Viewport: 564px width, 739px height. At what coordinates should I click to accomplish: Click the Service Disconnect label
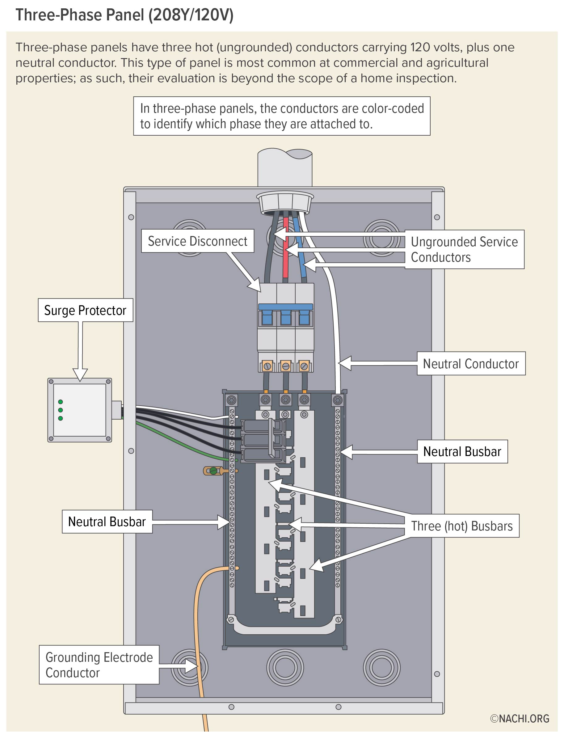(x=197, y=241)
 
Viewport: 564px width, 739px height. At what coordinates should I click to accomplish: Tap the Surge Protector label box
(x=85, y=310)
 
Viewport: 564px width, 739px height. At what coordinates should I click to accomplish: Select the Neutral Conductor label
(x=471, y=364)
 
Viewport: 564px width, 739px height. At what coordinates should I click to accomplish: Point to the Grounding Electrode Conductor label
(x=99, y=665)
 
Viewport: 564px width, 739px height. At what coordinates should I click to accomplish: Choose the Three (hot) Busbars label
(x=462, y=526)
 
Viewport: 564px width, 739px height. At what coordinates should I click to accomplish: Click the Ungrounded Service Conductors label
(x=464, y=249)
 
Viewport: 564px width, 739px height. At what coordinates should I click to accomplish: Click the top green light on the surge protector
(x=61, y=402)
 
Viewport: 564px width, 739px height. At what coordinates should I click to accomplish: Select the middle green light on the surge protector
(x=61, y=410)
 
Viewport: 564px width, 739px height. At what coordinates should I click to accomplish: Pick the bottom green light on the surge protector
(x=61, y=418)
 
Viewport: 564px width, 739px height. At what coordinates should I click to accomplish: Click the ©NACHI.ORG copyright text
(x=520, y=718)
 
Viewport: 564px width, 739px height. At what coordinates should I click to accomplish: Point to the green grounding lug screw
(x=213, y=471)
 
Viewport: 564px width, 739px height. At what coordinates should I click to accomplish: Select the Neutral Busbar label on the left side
(x=107, y=522)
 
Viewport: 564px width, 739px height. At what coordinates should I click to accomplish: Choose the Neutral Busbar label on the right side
(x=462, y=452)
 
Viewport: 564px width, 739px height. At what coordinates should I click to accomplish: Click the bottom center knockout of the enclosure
(x=285, y=668)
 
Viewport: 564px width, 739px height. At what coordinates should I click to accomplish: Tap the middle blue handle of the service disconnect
(x=286, y=317)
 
